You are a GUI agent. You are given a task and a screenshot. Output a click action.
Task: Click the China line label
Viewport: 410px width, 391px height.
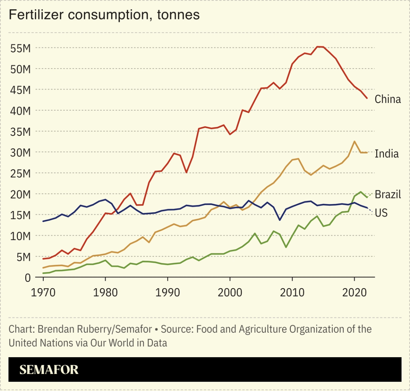[x=388, y=99]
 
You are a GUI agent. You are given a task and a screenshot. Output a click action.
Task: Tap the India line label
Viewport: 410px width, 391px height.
[x=387, y=154]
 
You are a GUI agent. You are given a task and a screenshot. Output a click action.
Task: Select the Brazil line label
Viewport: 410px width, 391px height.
[x=388, y=194]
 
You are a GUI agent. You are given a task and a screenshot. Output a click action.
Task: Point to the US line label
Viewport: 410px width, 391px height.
[x=381, y=213]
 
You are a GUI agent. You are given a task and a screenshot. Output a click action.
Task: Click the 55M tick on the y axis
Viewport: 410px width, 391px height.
[x=20, y=48]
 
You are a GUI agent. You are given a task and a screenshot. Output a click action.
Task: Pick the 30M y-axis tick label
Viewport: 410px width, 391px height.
[x=20, y=152]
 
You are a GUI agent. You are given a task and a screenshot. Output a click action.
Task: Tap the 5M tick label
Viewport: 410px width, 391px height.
[x=23, y=257]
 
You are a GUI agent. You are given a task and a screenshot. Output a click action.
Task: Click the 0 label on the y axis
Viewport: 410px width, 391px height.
[x=27, y=278]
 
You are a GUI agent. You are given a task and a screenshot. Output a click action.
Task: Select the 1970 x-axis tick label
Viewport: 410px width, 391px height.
[x=43, y=292]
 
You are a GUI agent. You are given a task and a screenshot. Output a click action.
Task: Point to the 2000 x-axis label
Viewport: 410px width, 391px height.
[x=230, y=292]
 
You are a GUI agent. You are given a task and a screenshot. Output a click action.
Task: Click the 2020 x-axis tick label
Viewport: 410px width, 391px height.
[x=354, y=292]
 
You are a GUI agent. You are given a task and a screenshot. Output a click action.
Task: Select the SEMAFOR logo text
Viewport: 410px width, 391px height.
[x=49, y=370]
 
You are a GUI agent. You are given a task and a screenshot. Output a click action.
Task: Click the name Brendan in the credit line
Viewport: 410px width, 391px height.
[x=54, y=329]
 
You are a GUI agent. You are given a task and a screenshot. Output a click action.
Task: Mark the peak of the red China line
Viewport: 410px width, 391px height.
[x=319, y=47]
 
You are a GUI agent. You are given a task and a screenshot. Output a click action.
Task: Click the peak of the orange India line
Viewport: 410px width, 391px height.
[x=354, y=141]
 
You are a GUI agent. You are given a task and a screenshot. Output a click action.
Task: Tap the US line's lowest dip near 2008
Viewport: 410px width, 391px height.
[x=280, y=220]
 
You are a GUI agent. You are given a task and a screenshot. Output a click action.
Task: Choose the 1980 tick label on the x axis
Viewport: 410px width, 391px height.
[x=105, y=292]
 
